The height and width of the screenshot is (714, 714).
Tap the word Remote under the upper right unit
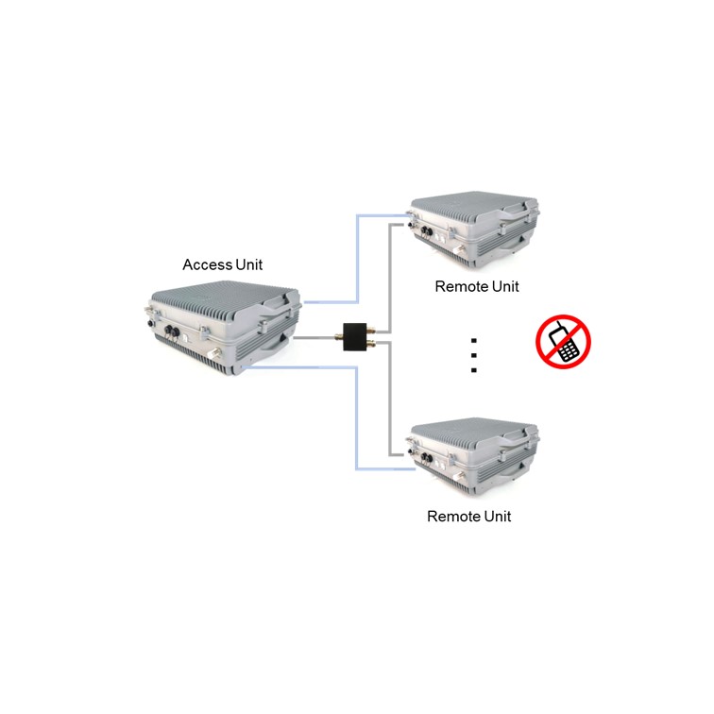tap(460, 286)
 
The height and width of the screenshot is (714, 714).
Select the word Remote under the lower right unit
tap(452, 517)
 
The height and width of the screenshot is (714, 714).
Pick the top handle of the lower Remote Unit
tap(515, 433)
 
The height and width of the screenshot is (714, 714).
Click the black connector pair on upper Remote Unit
tap(425, 229)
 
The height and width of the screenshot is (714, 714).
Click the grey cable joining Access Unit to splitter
tap(319, 336)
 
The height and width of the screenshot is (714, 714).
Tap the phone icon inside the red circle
tap(565, 342)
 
